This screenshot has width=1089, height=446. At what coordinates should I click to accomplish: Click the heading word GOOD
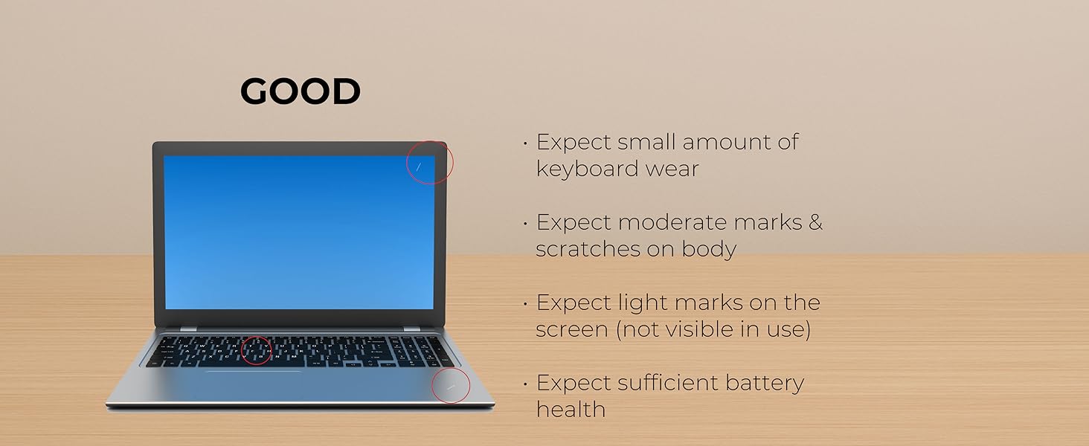(x=300, y=92)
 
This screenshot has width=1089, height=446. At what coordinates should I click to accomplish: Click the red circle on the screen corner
(x=430, y=162)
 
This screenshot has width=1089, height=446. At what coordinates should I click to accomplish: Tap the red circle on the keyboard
(x=257, y=350)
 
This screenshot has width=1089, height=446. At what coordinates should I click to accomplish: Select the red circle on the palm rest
(x=452, y=384)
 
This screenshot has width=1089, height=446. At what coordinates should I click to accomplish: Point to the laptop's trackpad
(x=254, y=379)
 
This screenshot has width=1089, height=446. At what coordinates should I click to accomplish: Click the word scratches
(x=582, y=249)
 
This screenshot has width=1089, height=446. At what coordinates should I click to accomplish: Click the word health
(x=571, y=410)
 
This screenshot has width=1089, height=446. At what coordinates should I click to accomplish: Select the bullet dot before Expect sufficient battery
(x=525, y=384)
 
